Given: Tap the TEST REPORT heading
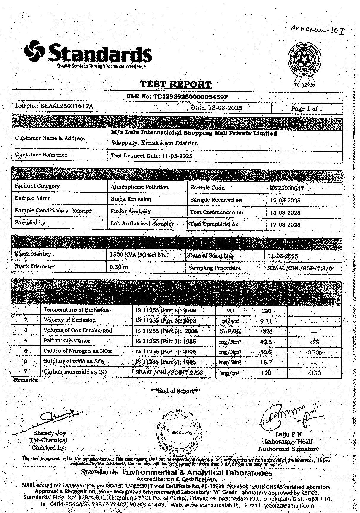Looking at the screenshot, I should (175, 85).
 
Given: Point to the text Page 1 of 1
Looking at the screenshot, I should (307, 109).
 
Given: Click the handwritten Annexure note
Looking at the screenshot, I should (318, 29).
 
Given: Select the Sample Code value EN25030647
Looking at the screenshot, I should (287, 188).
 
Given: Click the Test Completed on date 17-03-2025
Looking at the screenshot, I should (285, 225).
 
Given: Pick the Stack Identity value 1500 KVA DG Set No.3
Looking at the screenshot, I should (139, 255).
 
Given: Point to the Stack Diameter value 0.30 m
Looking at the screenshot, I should (119, 267).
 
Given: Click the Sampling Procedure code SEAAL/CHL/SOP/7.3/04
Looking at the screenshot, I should (301, 269).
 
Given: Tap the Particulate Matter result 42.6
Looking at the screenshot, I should (266, 342).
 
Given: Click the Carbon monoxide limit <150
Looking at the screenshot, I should (314, 373).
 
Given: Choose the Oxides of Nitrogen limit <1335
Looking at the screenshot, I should (314, 352).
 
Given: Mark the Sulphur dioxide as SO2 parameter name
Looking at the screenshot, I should (74, 361).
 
